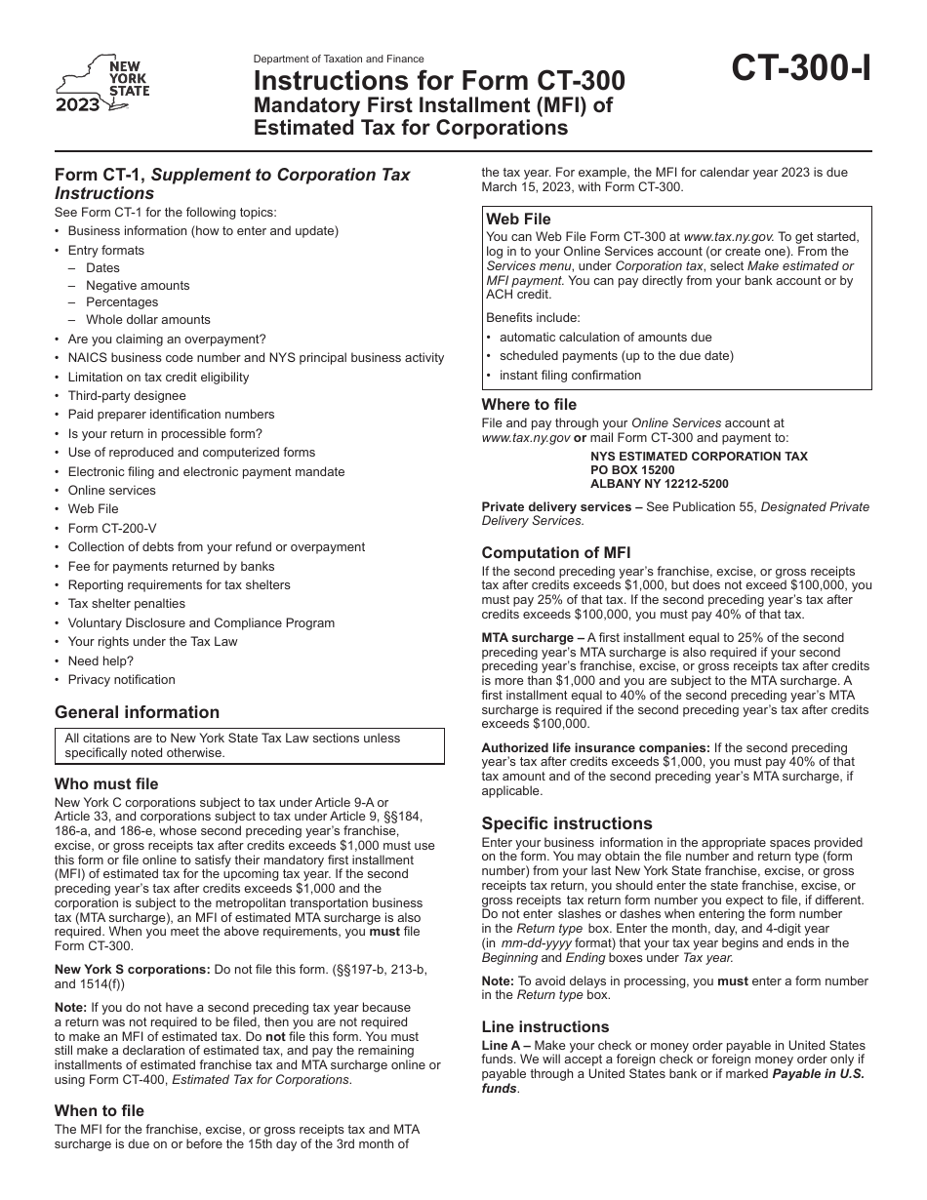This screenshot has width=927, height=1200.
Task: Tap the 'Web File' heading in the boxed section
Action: click(518, 220)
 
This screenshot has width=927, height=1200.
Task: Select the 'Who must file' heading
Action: click(106, 783)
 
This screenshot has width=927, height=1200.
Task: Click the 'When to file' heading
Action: click(100, 1110)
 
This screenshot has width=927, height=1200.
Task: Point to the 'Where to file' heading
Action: click(529, 404)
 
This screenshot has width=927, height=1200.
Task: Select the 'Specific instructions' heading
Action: click(567, 822)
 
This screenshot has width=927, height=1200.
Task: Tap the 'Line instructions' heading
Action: click(544, 1026)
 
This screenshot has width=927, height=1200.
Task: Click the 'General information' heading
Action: click(137, 712)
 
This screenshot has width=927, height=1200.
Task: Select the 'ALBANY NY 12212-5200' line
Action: click(659, 483)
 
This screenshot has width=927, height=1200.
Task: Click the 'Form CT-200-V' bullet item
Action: click(111, 528)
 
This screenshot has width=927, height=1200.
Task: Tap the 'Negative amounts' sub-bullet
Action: click(138, 285)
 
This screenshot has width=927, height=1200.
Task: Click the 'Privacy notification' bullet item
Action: click(121, 679)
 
